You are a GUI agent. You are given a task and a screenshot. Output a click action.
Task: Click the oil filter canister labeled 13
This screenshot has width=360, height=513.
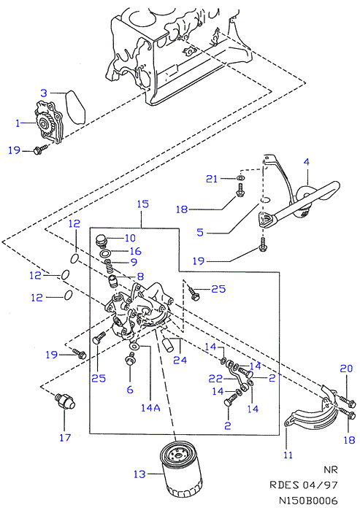pos(181,468)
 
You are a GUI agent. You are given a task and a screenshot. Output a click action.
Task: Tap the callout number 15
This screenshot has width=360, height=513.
pos(142,204)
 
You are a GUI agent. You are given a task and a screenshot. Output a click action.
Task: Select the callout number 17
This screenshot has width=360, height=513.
pos(65,437)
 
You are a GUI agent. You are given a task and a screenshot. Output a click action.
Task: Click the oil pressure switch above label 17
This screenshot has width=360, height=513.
pos(65,401)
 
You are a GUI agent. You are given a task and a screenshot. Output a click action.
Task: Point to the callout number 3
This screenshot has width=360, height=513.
pos(44,93)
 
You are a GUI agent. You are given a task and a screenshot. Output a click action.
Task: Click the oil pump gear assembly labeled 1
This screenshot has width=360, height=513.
pos(48,123)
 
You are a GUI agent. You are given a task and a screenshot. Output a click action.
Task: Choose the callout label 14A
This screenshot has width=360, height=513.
pos(150,408)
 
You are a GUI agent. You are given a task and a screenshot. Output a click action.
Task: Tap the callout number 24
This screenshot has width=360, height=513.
pos(180,360)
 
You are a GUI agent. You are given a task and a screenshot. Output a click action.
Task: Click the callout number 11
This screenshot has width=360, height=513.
pos(288,455)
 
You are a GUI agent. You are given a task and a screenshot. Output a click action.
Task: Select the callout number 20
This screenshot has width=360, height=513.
pos(346,369)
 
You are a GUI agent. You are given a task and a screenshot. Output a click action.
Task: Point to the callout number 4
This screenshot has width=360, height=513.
pos(306,161)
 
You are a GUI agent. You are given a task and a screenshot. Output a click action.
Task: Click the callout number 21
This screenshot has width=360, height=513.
pos(212,179)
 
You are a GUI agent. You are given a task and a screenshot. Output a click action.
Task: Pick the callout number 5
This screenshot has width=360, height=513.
pos(200,232)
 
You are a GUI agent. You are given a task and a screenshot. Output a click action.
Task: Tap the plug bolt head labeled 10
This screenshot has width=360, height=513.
pos(101,241)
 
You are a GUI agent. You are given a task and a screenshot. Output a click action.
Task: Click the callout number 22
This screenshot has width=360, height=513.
pos(215,379)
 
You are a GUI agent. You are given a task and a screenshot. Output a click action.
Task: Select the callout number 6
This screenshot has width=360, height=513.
pos(130,390)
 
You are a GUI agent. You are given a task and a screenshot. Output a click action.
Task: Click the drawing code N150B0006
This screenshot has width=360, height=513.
pos(308,501)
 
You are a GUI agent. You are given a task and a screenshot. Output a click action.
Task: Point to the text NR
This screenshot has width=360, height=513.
pos(331,469)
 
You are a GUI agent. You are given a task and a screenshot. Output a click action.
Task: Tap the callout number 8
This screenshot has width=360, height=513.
pos(140,277)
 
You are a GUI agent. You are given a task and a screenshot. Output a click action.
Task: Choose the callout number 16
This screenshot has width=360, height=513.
pos(136,251)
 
